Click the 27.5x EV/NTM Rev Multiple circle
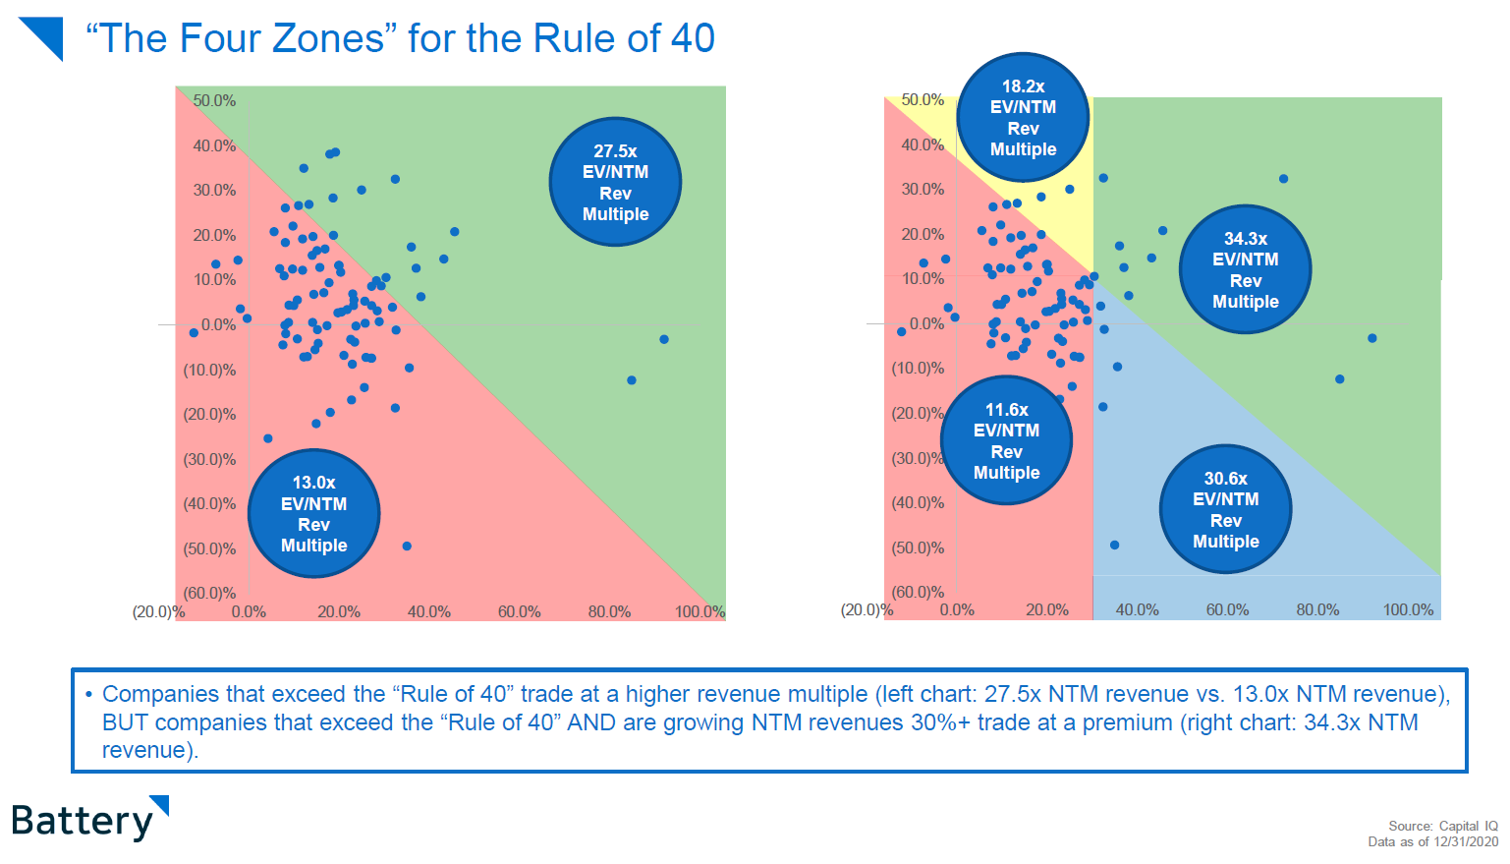[615, 182]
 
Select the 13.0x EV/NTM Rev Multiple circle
[314, 513]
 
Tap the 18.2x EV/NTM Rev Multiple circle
[1023, 118]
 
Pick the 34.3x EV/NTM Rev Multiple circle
[1245, 269]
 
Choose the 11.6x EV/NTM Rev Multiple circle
[1006, 440]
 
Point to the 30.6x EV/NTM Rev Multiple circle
[1225, 509]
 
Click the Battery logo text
[83, 821]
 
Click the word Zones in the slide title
[328, 39]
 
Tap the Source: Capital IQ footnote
[1442, 826]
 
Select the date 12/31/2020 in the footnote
[1466, 841]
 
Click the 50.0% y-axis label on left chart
[214, 100]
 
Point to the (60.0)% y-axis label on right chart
[918, 592]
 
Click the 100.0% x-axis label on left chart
[699, 611]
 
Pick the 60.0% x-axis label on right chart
[1227, 609]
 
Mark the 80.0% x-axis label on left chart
[609, 611]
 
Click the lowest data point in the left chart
[407, 547]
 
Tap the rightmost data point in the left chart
[664, 340]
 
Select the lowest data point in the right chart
[1114, 545]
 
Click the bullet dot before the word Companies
[88, 695]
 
